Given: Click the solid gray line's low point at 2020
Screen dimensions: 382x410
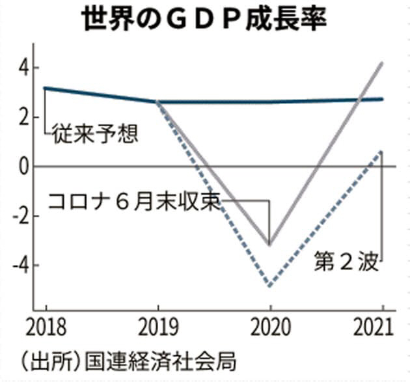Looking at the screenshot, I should pos(270,245).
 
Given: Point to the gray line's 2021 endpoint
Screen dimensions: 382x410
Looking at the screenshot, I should pos(382,63).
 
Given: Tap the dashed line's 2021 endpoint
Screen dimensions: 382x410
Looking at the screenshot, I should pos(382,152).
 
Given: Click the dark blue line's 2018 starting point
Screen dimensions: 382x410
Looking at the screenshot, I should pos(45,88).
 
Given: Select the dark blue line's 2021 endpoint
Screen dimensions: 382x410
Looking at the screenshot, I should pos(382,99).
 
